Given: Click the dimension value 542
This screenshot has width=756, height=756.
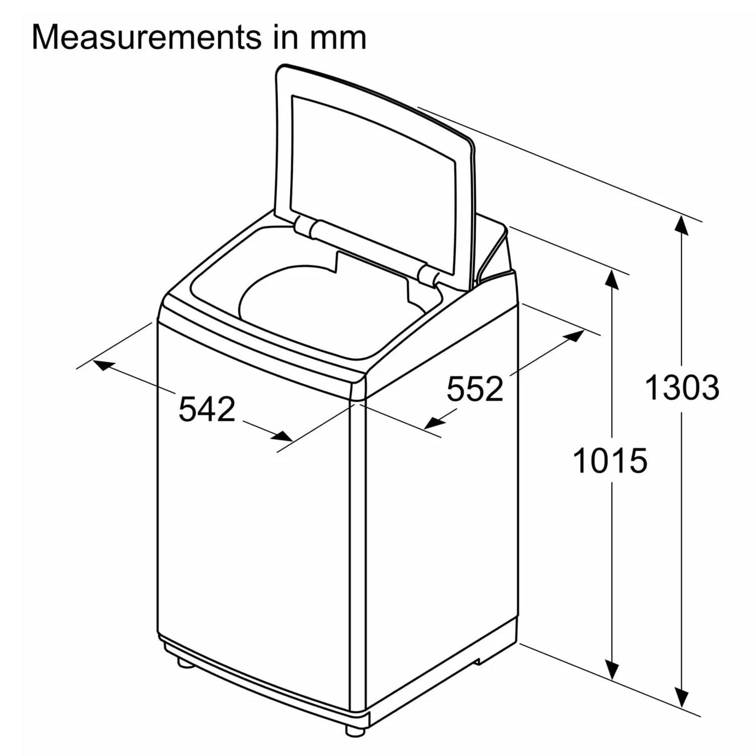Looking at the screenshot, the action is click(x=207, y=409).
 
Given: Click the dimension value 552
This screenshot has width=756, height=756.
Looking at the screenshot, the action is click(x=475, y=389).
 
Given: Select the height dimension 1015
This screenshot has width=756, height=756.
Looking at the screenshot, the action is click(x=610, y=461).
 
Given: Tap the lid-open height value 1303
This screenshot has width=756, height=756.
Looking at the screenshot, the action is click(x=682, y=388).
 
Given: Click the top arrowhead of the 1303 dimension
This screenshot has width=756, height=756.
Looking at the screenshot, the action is click(x=682, y=225).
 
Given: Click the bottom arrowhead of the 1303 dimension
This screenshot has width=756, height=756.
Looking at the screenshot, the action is click(x=682, y=698).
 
